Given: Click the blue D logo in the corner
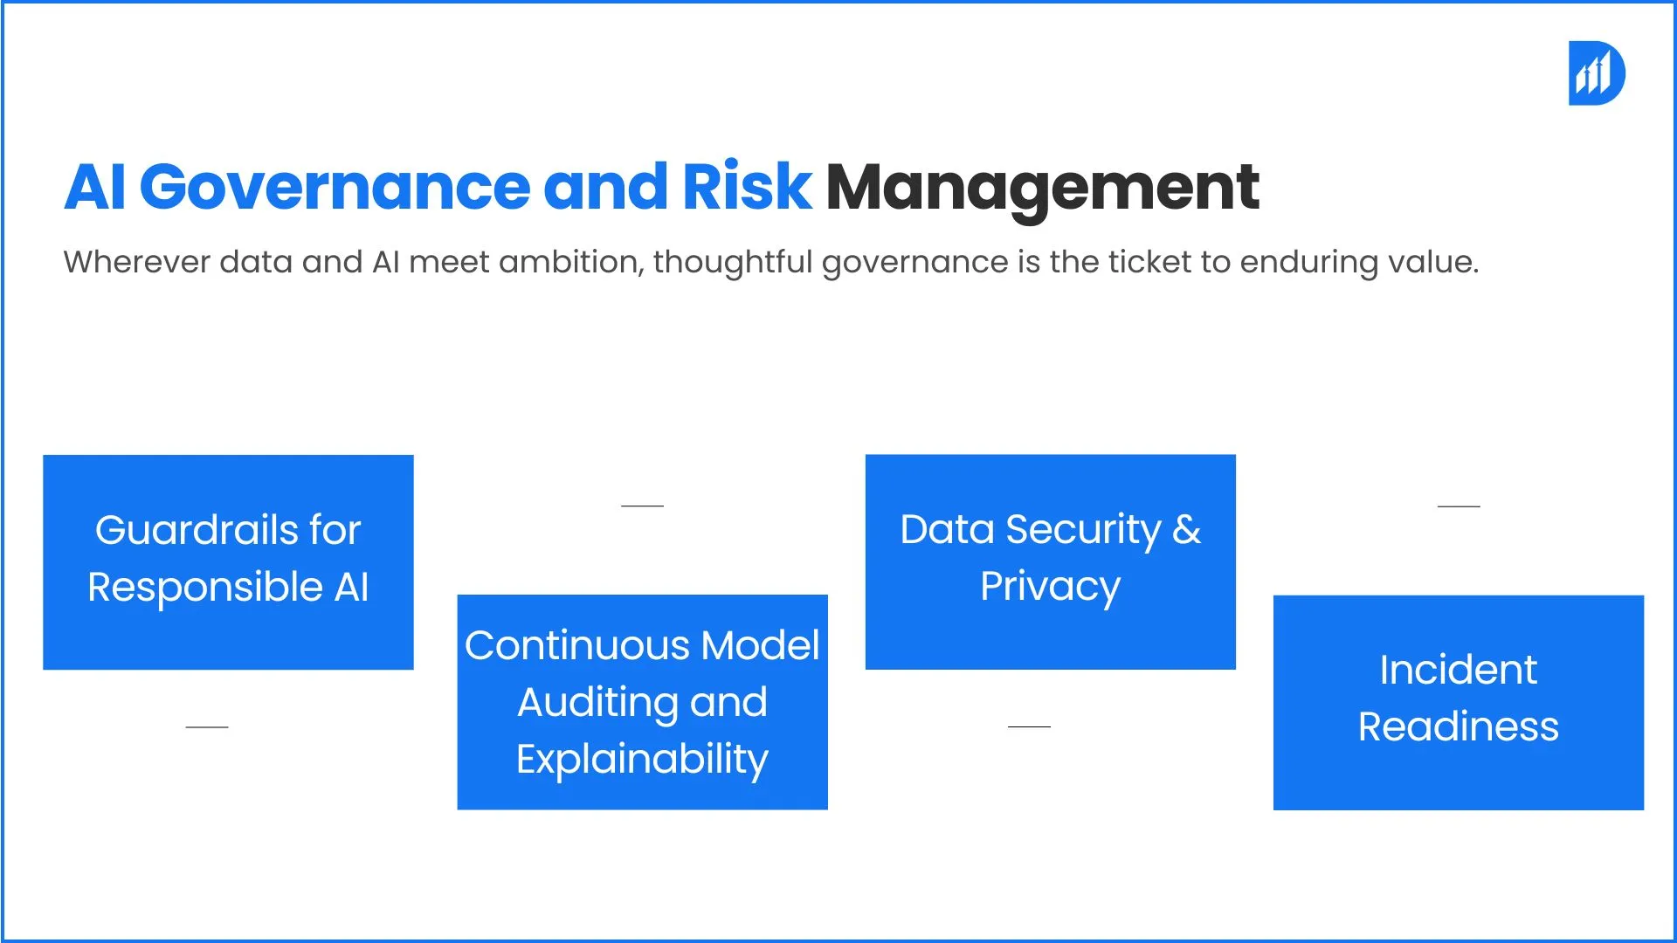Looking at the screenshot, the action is (1597, 73).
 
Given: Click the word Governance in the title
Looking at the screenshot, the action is (335, 187).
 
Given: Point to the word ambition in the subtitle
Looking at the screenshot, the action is (571, 261).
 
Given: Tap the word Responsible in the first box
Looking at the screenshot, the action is (205, 587).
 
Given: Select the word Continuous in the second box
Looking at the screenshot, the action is (577, 645).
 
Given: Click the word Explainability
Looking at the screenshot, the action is (642, 760).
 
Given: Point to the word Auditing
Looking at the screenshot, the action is (597, 703).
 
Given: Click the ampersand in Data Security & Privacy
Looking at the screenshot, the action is (1186, 530).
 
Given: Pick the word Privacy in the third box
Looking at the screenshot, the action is (1050, 587).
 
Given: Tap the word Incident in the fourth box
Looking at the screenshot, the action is (1458, 671).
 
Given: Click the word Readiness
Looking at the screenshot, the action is (1458, 727).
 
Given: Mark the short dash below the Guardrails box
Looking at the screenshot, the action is (207, 726).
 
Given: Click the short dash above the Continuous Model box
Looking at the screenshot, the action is (642, 506).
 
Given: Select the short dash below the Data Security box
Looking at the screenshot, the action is (1029, 726).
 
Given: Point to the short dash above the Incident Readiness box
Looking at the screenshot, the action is (1459, 506).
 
